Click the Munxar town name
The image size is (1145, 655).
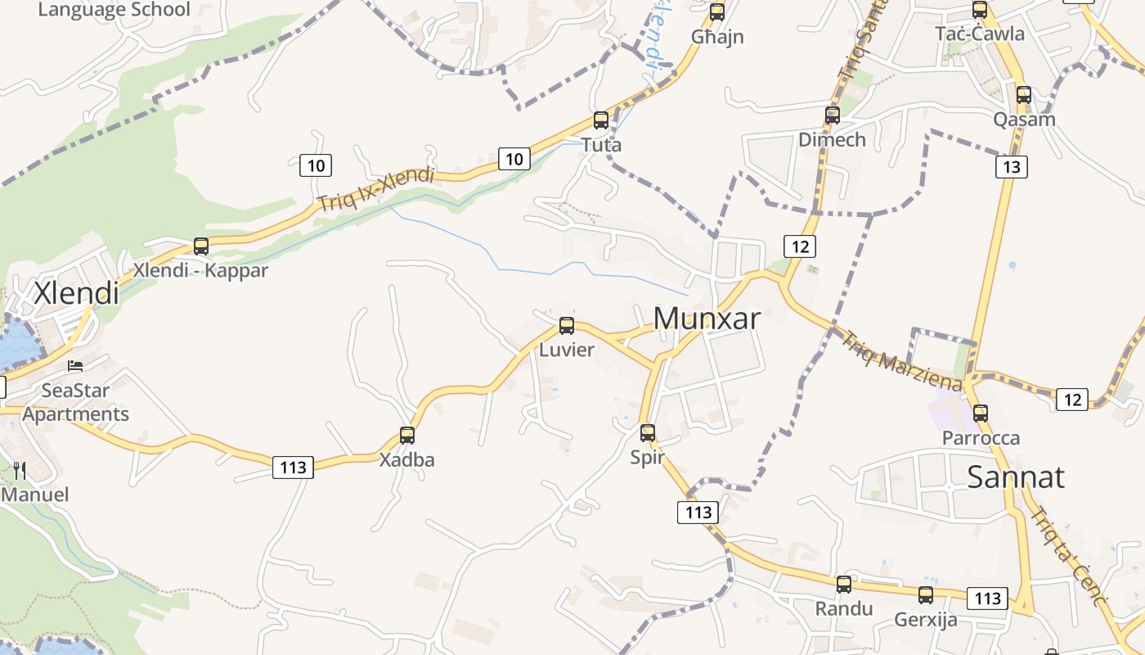pyautogui.click(x=707, y=318)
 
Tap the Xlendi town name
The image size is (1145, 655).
pyautogui.click(x=76, y=292)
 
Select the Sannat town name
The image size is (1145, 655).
pyautogui.click(x=1016, y=477)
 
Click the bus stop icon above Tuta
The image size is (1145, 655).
pyautogui.click(x=601, y=120)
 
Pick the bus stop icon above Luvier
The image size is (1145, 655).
pyautogui.click(x=567, y=326)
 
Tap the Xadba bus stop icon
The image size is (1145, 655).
pyautogui.click(x=407, y=436)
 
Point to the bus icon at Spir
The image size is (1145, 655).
pyautogui.click(x=648, y=432)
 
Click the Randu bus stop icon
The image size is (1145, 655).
pyautogui.click(x=844, y=585)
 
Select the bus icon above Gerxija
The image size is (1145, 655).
pyautogui.click(x=926, y=595)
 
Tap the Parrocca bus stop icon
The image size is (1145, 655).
pyautogui.click(x=981, y=413)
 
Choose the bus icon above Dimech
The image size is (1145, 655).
pyautogui.click(x=833, y=115)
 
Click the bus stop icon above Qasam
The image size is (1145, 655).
pyautogui.click(x=1024, y=95)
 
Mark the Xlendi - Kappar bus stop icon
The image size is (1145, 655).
pyautogui.click(x=201, y=246)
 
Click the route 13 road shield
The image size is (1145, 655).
pyautogui.click(x=1012, y=167)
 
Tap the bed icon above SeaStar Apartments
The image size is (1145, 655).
pyautogui.click(x=75, y=366)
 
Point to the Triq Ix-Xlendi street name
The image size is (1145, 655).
pyautogui.click(x=375, y=189)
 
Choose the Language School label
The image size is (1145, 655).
pyautogui.click(x=114, y=10)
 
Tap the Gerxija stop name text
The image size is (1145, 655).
pyautogui.click(x=926, y=620)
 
